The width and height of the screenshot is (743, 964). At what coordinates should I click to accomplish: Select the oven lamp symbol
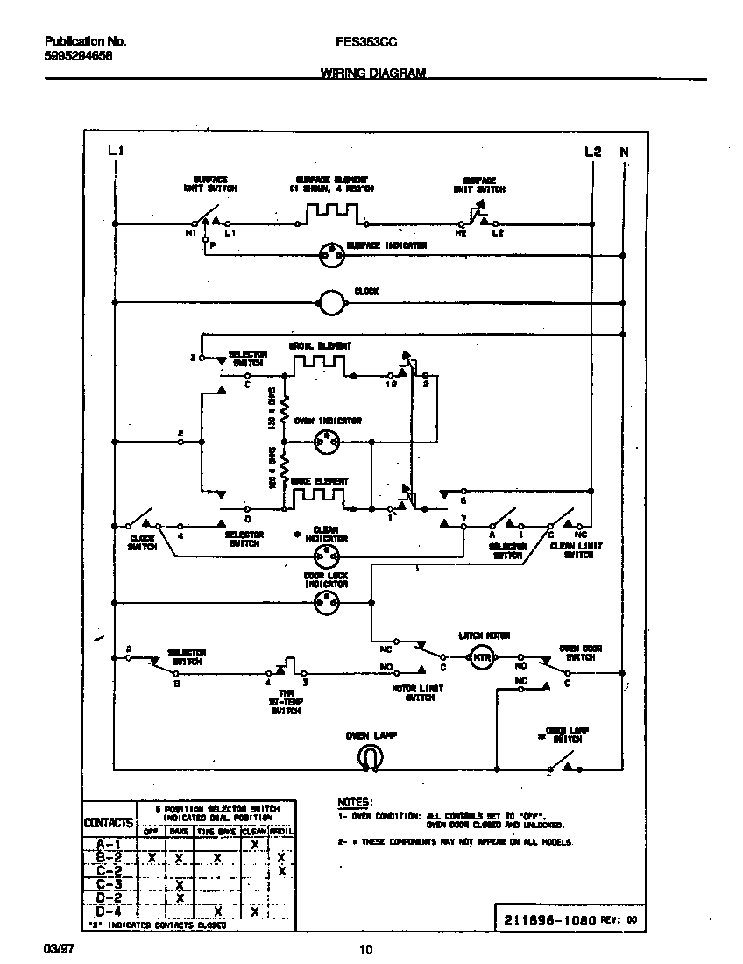pyautogui.click(x=367, y=757)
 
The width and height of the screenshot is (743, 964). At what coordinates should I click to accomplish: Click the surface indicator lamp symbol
pyautogui.click(x=331, y=254)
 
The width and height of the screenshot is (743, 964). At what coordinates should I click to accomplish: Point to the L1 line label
pyautogui.click(x=115, y=152)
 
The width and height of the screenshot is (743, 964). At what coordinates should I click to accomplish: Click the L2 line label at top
pyautogui.click(x=592, y=152)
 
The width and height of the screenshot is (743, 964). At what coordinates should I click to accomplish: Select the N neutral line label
pyautogui.click(x=624, y=152)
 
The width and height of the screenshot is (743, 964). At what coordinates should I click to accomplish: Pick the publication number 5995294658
pyautogui.click(x=77, y=55)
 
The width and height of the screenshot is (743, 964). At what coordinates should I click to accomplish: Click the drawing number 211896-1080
pyautogui.click(x=549, y=921)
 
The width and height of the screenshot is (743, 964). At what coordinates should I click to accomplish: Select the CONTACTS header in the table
pyautogui.click(x=110, y=823)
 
